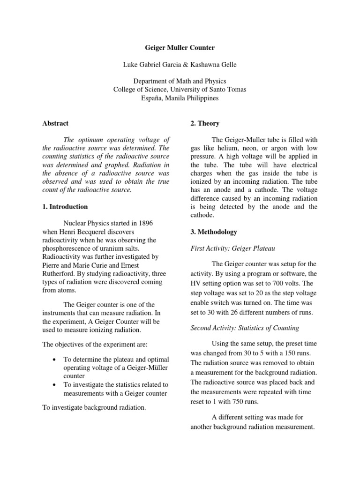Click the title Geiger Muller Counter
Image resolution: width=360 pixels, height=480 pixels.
pos(180,48)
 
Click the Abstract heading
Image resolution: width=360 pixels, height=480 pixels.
pos(55,123)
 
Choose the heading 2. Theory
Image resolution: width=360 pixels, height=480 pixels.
pos(205,123)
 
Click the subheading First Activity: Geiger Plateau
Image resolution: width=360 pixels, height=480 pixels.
pos(229,248)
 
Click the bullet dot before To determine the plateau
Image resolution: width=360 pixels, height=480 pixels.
pos(55,359)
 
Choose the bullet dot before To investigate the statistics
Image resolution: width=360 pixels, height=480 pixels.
pos(55,385)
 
